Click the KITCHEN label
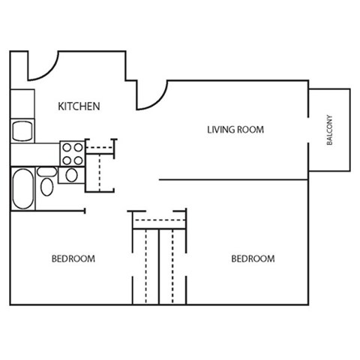pos(79,106)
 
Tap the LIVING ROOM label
pos(235,130)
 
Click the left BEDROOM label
pos(73,259)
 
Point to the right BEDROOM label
pos(252,259)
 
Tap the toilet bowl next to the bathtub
pos(46,187)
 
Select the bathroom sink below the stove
pos(72,175)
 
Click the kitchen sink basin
pos(22,129)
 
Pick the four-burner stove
pos(72,153)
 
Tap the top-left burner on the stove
pos(67,148)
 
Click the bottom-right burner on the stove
pos(78,159)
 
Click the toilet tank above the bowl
pos(46,172)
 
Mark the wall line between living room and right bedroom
pos(232,180)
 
